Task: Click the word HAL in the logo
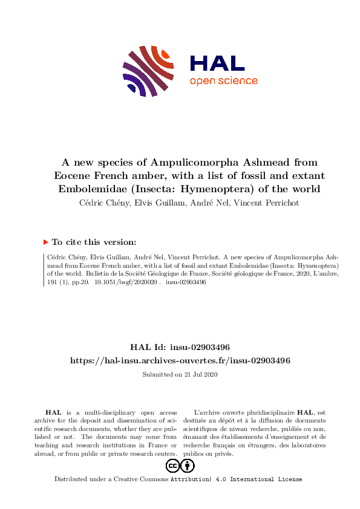217,63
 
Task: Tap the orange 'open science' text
223,81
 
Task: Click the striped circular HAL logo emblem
146,70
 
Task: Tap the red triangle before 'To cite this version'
45,242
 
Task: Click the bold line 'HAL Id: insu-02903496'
180,347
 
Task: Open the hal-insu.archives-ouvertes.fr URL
180,360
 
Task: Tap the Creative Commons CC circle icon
172,466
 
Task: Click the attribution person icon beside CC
188,466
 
